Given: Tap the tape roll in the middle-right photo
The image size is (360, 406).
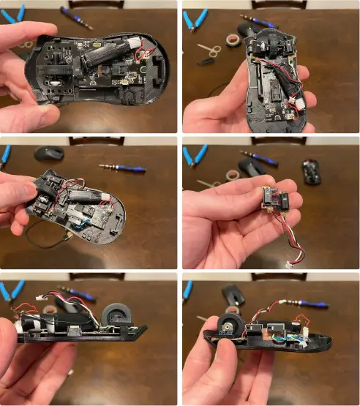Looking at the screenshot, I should [232, 176].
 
